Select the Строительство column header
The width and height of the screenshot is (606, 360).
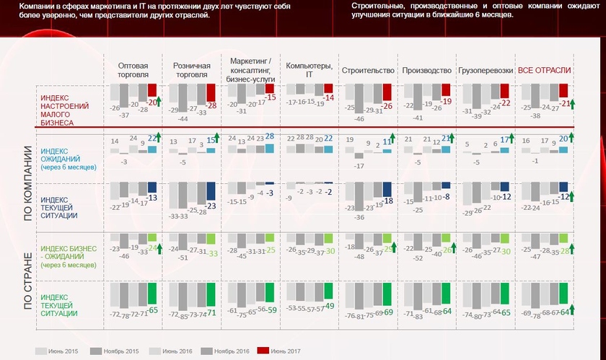tap(368, 70)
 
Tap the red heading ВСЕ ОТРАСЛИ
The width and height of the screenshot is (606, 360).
tap(545, 70)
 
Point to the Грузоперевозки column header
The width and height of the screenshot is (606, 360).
tap(485, 70)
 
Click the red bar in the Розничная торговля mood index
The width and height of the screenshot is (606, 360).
tap(211, 92)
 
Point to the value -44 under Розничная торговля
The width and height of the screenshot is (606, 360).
tap(183, 118)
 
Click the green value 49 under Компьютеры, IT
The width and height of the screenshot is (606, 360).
tap(328, 306)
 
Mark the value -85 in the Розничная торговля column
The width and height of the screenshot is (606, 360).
tap(183, 315)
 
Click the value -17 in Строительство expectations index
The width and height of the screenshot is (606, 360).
tap(359, 166)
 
